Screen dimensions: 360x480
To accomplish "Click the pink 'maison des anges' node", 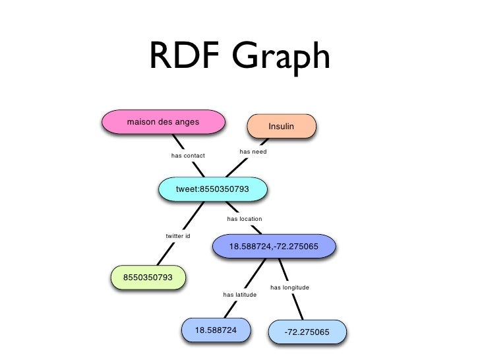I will click(x=163, y=122).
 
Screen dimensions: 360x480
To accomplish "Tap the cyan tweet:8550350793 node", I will click(x=212, y=189).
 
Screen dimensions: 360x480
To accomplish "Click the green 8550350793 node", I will click(x=148, y=277).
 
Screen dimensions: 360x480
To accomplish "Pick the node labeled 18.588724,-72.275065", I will click(x=274, y=247).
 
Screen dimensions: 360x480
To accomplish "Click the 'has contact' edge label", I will click(x=188, y=156).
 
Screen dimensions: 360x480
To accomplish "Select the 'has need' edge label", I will click(x=253, y=152).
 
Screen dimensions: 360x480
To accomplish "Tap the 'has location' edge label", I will click(x=245, y=218).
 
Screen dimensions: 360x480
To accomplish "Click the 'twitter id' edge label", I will click(x=178, y=235).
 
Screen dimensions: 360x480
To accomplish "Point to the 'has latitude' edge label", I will click(x=240, y=294).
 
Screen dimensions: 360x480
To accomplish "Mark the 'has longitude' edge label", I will click(x=289, y=287).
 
